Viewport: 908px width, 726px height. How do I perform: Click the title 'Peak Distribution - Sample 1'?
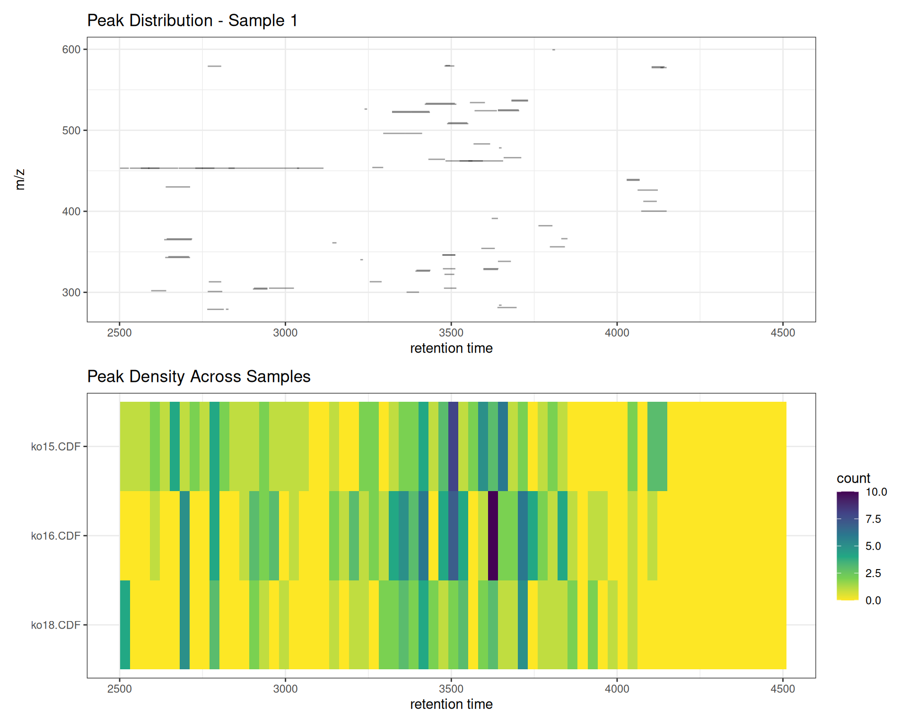click(192, 21)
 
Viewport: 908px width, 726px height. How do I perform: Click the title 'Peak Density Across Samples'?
click(199, 377)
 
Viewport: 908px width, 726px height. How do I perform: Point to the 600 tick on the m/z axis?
click(71, 50)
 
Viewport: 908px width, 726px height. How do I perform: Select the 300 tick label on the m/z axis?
click(71, 293)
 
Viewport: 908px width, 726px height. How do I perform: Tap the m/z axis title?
click(20, 180)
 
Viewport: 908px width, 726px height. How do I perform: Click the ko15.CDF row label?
click(55, 447)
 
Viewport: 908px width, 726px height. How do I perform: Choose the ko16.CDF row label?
click(55, 536)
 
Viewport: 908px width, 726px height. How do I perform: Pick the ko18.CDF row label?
click(55, 625)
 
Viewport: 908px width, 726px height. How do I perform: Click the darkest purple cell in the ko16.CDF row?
click(493, 536)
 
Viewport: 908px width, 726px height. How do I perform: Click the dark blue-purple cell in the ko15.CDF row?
click(453, 446)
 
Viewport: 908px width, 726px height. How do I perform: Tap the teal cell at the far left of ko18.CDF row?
click(125, 624)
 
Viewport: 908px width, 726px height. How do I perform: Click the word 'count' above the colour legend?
click(853, 478)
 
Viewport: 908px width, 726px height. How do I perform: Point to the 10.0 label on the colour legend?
click(876, 492)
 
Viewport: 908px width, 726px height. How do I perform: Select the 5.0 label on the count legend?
click(873, 546)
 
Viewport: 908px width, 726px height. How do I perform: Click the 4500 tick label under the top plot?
click(783, 333)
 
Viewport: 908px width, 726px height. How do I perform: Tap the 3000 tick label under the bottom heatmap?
click(285, 689)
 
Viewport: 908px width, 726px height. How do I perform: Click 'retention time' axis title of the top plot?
click(451, 348)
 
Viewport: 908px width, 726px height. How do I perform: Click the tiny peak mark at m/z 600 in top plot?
click(554, 50)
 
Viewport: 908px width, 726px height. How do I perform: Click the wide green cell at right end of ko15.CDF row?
click(657, 446)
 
